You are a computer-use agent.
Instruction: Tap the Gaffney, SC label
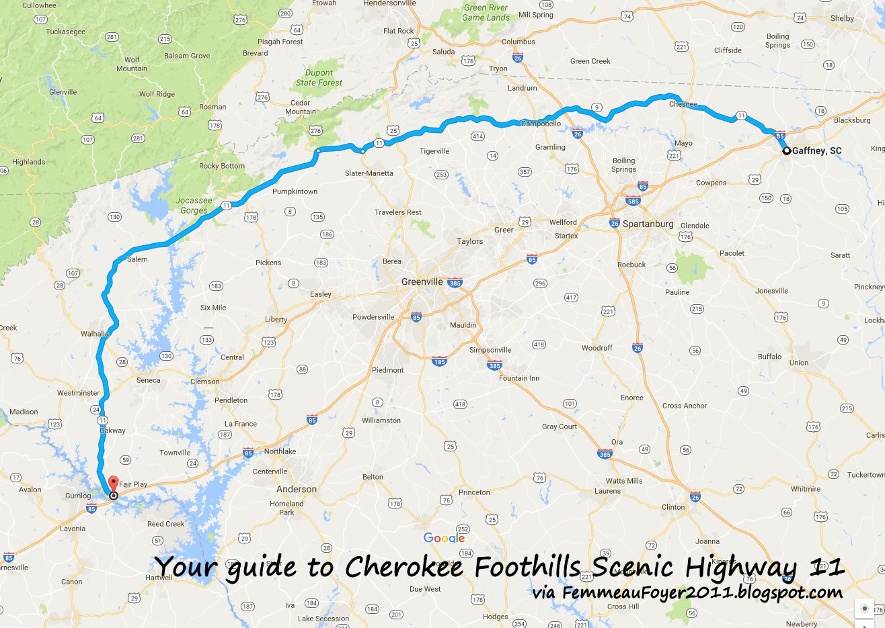point(816,151)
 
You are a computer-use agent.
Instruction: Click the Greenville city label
point(422,282)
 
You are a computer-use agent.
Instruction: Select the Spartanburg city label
point(648,224)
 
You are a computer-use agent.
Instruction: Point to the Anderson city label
point(297,490)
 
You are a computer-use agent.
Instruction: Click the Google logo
point(444,538)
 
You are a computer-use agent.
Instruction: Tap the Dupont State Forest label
point(319,78)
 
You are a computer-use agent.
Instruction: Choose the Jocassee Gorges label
point(194,206)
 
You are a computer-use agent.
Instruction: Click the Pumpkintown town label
point(295,192)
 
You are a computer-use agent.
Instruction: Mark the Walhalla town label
point(95,334)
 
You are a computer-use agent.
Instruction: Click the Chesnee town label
point(683,105)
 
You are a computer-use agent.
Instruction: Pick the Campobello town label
point(541,124)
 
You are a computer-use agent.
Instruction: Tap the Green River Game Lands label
point(486,13)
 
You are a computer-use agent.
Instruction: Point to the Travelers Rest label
point(398,212)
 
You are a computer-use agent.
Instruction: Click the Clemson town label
point(204,382)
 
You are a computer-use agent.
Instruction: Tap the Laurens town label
point(607,491)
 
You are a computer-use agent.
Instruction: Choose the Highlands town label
point(28,162)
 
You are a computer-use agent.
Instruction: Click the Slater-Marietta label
point(369,173)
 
